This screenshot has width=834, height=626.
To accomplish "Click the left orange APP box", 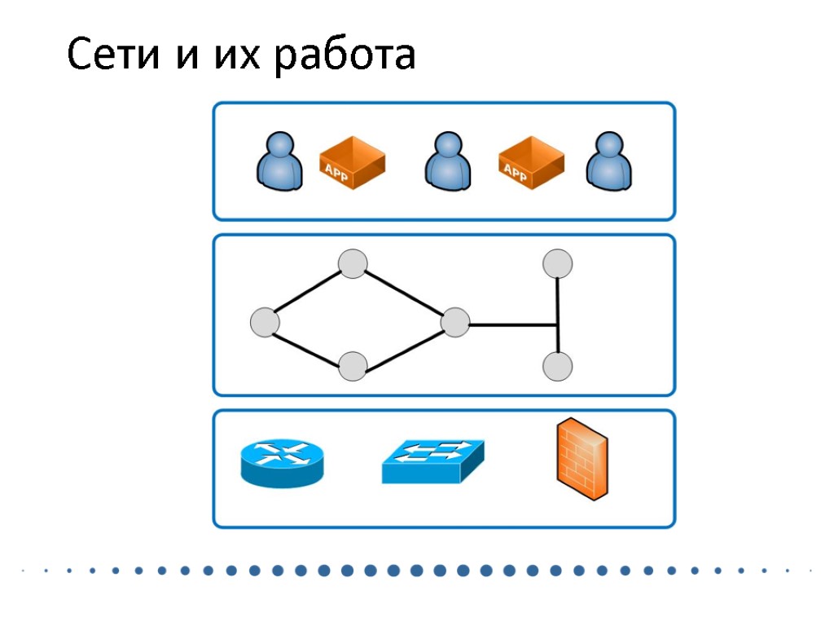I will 351,162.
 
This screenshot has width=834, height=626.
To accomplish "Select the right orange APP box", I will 530,162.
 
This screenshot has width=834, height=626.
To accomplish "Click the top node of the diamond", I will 353,264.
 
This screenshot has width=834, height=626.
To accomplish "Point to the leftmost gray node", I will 265,323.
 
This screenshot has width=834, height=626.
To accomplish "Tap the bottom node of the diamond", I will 353,367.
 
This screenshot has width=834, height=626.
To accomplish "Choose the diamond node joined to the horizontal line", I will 454,323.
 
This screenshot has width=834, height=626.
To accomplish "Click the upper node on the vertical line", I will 557,264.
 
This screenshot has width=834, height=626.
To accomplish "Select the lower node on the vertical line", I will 557,366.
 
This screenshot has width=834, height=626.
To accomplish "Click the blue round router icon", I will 282,462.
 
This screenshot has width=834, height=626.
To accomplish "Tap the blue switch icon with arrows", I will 432,461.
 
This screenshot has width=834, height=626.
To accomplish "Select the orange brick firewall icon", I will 582,459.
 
